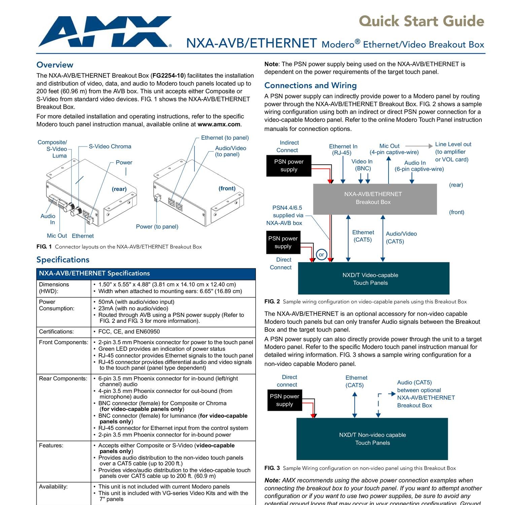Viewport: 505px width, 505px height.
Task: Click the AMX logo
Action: (104, 32)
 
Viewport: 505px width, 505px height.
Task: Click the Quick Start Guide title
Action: (421, 21)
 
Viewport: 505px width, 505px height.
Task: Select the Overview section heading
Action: (55, 65)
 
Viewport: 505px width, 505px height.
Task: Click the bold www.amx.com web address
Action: (219, 124)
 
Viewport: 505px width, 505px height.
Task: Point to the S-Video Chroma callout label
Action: (110, 146)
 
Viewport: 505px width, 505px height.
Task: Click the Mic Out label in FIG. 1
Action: (57, 236)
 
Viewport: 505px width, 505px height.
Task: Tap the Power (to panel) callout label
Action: (157, 227)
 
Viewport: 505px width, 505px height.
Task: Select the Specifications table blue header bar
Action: (146, 274)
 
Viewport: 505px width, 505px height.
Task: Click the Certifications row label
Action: (56, 332)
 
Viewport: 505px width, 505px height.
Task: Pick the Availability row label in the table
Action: (53, 486)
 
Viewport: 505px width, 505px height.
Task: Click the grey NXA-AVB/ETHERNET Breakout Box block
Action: (375, 199)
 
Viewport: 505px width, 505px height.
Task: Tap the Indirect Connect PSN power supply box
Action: (289, 166)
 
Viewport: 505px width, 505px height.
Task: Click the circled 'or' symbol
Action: (321, 255)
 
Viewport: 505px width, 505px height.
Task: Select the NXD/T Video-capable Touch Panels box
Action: (373, 278)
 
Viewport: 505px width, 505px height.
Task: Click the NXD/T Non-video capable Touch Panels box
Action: (372, 439)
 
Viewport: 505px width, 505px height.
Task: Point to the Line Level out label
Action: (453, 144)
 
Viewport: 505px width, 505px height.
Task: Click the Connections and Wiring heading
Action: (310, 86)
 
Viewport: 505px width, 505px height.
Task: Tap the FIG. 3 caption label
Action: (272, 468)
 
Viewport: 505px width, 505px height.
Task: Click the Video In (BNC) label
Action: (362, 165)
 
